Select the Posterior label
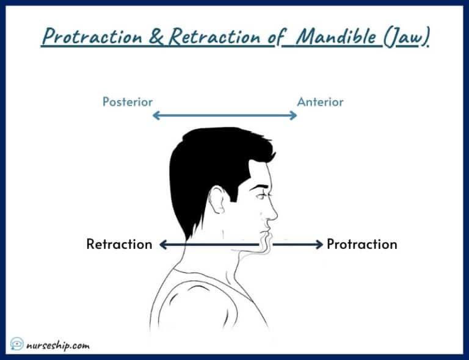(x=127, y=102)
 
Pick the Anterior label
(x=320, y=102)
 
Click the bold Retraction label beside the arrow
(x=119, y=245)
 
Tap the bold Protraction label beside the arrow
(x=362, y=245)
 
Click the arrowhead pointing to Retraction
(x=162, y=245)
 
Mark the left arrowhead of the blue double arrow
(x=156, y=115)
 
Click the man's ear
(x=217, y=200)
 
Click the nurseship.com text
(x=59, y=345)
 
